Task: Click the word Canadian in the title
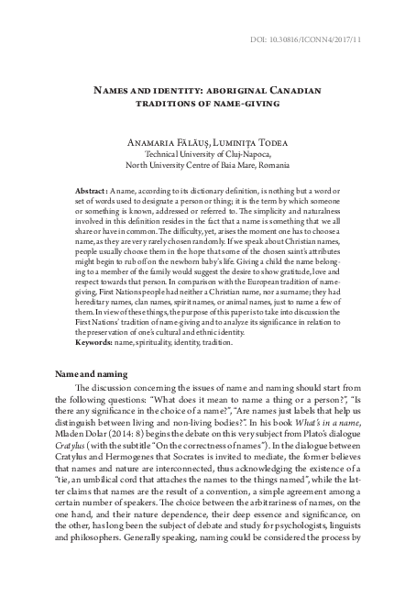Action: [x=294, y=91]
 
